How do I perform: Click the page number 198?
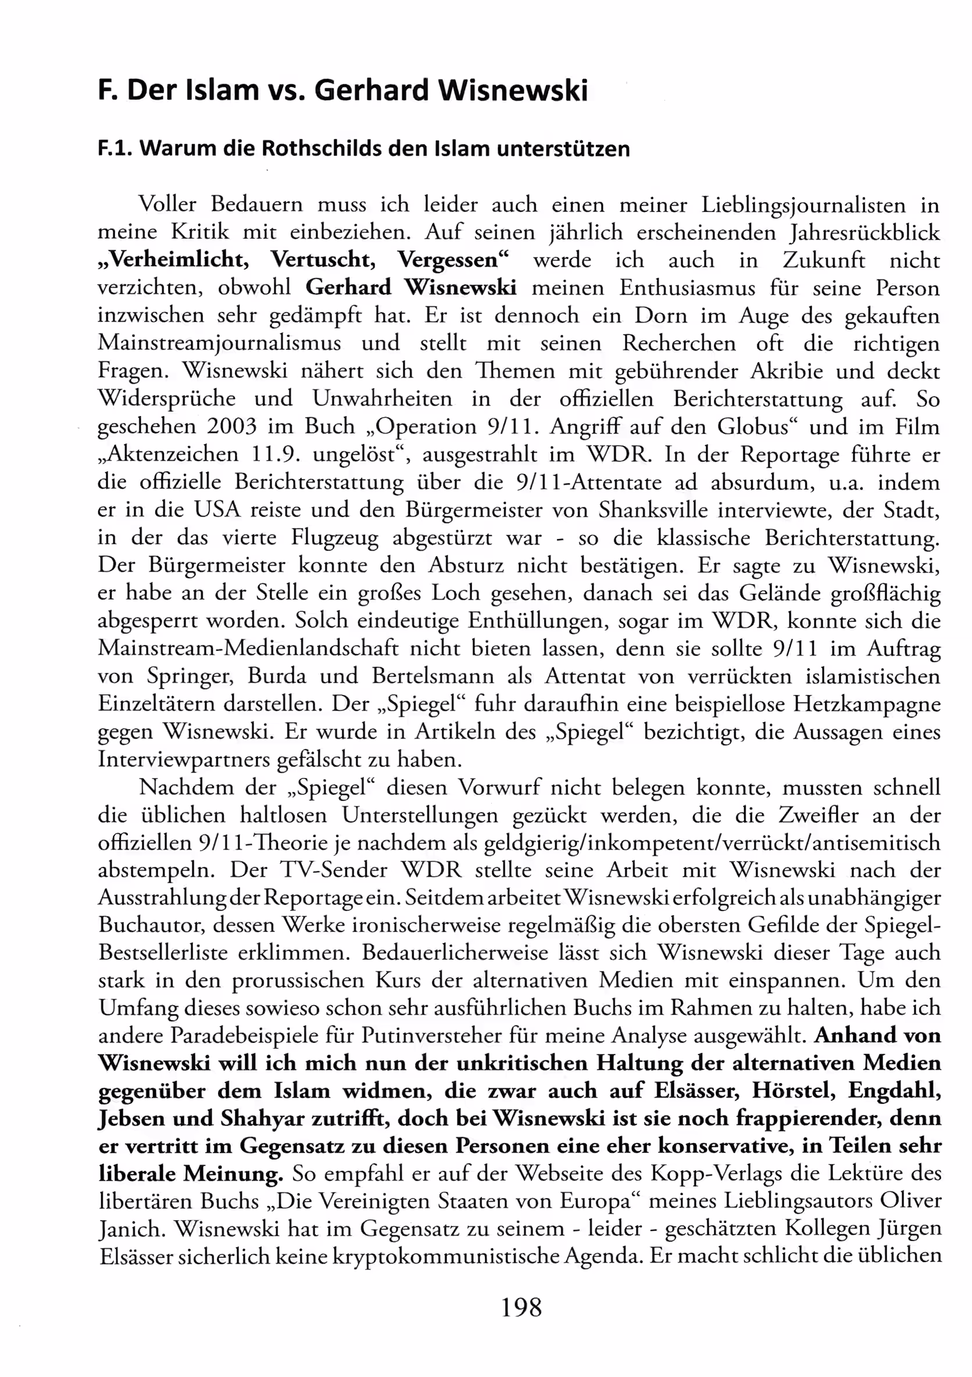[521, 1306]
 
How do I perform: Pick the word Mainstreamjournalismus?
[220, 343]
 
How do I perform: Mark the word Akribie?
[785, 371]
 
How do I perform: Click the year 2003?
[231, 426]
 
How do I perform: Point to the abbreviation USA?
[217, 510]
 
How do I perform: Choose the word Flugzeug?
[335, 537]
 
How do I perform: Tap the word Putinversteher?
[440, 1036]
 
